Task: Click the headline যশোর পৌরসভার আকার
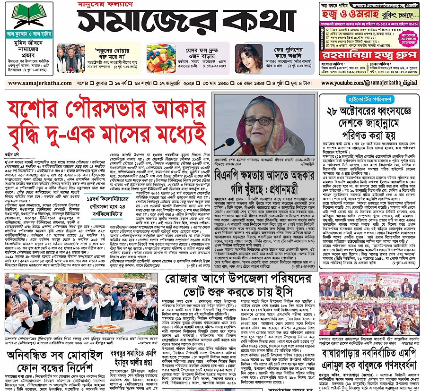tap(106, 112)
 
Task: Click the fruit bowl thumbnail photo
tap(161, 58)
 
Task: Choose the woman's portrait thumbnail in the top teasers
tap(248, 58)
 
